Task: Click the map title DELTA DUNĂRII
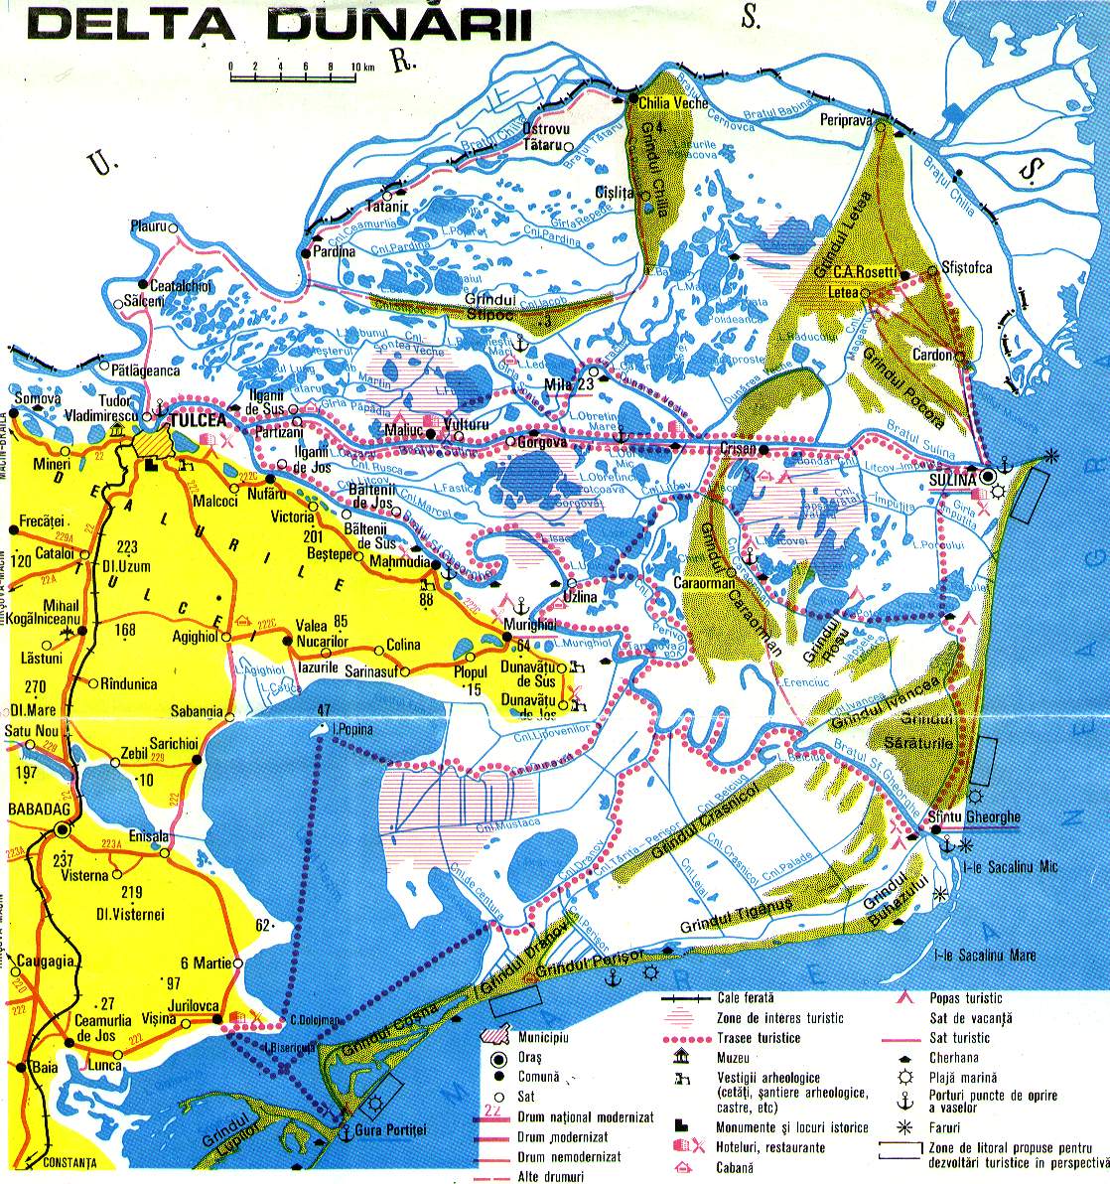point(278,26)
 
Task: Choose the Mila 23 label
point(570,384)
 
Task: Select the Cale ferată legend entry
point(745,996)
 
